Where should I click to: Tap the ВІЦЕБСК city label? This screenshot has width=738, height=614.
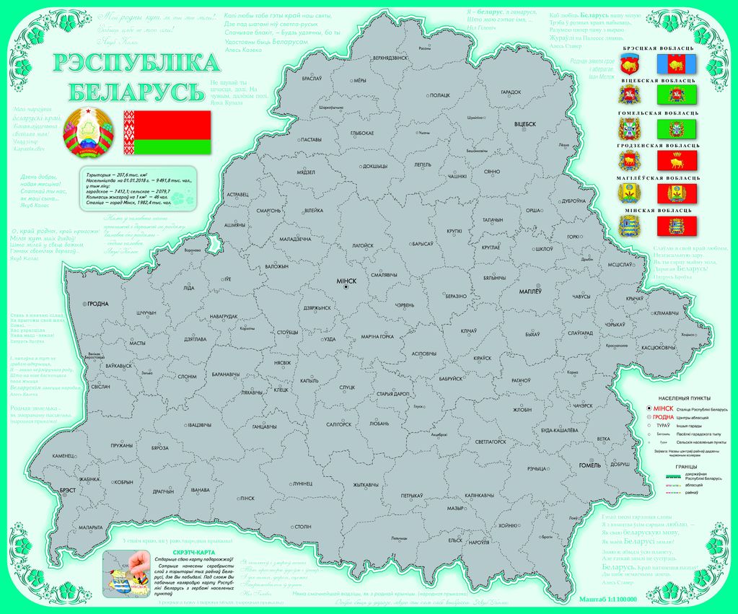coord(524,124)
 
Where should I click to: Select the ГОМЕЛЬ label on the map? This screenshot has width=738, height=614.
coord(589,465)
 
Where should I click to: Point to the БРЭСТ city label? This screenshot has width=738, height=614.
coord(68,490)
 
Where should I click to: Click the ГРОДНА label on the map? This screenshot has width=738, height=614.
coord(98,304)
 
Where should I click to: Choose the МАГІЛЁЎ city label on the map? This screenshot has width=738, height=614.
coord(535,291)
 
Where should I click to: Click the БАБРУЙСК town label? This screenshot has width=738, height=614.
coord(450,378)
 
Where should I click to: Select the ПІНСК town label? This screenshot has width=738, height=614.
coord(247,498)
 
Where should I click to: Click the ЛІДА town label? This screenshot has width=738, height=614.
coord(189,288)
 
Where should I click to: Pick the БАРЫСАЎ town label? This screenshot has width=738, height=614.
coord(422,245)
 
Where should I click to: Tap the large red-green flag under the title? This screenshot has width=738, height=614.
coord(167,132)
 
